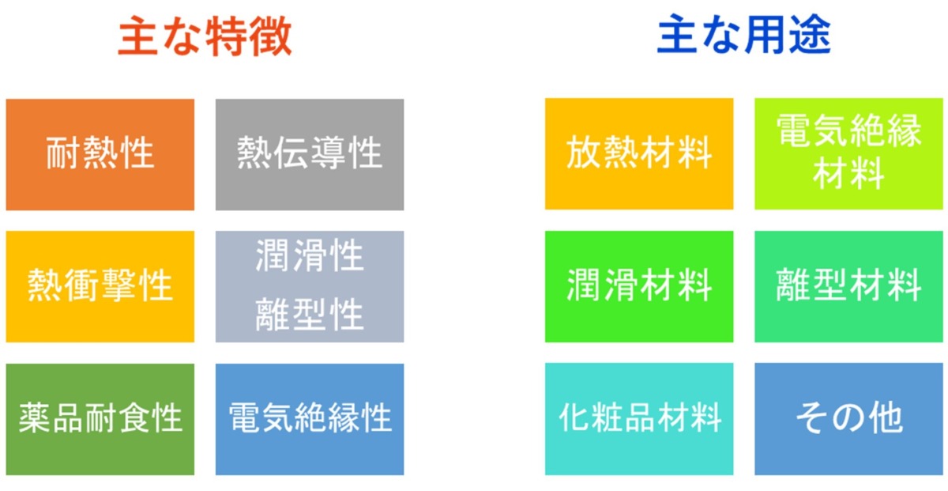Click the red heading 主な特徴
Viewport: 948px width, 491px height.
pos(205,36)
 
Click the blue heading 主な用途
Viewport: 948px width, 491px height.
pos(744,34)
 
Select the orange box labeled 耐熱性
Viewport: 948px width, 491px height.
pos(100,155)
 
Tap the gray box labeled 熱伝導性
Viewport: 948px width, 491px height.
pos(310,155)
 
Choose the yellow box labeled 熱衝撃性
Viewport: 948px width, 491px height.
pos(100,286)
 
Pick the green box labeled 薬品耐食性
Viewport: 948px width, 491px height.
pos(100,419)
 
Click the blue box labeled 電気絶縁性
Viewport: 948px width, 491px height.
pos(310,419)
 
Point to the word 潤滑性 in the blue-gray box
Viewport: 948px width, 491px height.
pos(310,255)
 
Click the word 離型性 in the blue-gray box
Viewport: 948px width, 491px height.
pos(310,315)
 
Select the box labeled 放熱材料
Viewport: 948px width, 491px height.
pos(639,153)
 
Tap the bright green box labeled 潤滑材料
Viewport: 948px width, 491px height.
pos(639,286)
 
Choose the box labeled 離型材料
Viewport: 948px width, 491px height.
pos(849,286)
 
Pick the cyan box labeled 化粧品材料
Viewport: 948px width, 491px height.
pos(639,419)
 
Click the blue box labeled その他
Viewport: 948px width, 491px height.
pos(849,419)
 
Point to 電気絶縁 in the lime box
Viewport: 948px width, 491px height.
pos(849,131)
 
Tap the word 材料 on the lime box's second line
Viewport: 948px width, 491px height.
pos(849,174)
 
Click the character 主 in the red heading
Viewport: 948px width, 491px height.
pos(138,36)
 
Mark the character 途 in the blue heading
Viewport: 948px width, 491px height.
pos(811,34)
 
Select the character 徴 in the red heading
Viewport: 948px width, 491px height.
pos(271,36)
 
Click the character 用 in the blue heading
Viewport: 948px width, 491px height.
pos(766,34)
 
